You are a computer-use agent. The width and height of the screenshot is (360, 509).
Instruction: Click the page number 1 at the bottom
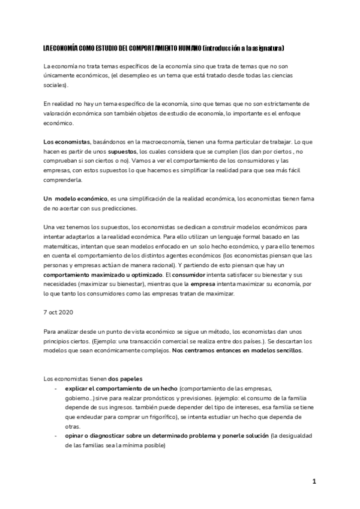pos(313,481)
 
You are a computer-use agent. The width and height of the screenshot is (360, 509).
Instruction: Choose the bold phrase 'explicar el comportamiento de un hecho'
pos(121,388)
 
